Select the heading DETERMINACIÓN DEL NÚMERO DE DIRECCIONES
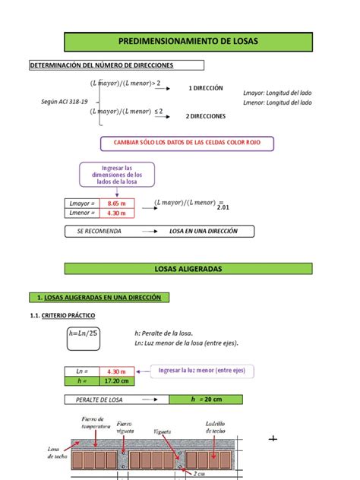pyautogui.click(x=101, y=66)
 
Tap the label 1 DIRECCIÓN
pyautogui.click(x=205, y=88)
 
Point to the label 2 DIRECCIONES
pyautogui.click(x=205, y=116)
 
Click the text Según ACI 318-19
pyautogui.click(x=65, y=102)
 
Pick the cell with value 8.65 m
pyautogui.click(x=116, y=204)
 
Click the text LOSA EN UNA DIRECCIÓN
pyautogui.click(x=203, y=231)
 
